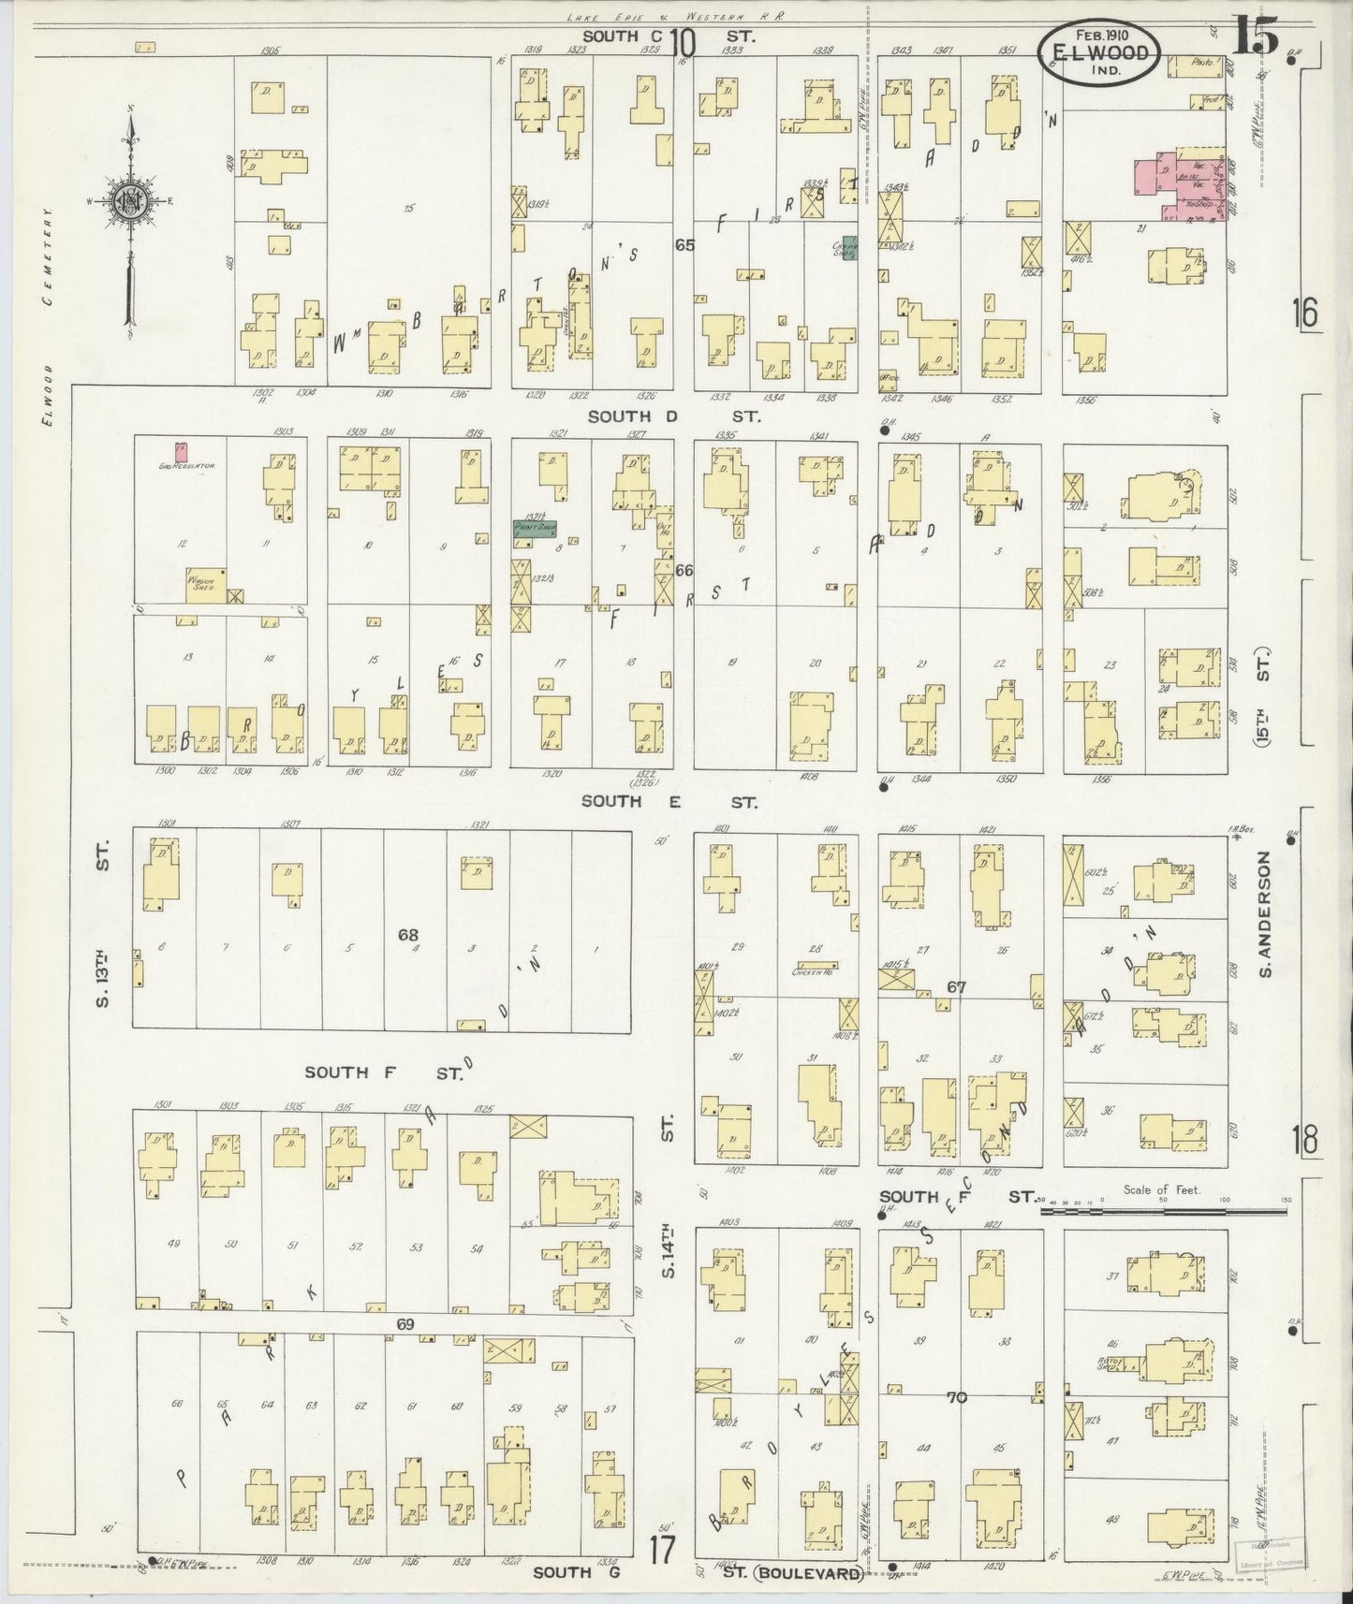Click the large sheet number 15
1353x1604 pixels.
click(x=1255, y=39)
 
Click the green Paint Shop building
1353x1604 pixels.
click(x=534, y=528)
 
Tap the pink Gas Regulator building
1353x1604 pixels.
click(x=182, y=451)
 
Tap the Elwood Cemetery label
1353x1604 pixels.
click(x=47, y=316)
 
